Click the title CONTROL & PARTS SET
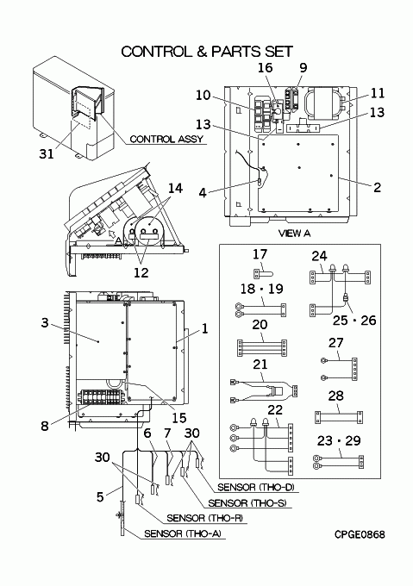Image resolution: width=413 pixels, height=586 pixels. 207,52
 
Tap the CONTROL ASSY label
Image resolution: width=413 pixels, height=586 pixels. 166,139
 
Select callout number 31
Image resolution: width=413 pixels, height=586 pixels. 47,153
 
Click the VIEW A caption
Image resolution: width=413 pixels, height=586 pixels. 295,234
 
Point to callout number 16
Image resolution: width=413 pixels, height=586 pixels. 266,67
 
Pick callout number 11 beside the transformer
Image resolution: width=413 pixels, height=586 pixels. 377,93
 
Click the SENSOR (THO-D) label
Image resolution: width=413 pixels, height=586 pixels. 256,488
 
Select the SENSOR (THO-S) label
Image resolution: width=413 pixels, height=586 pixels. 247,503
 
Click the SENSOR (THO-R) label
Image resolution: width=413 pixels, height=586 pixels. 205,518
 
